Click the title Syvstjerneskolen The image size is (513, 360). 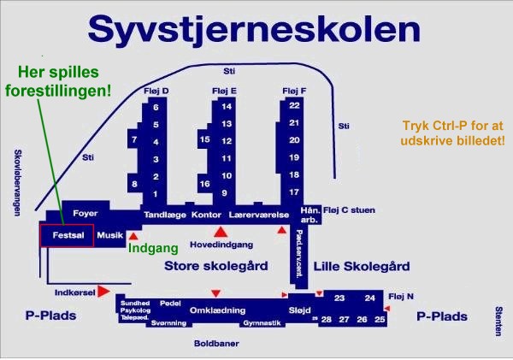255,28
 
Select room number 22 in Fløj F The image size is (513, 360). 294,105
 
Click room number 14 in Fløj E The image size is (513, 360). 226,106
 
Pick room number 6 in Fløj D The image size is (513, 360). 156,108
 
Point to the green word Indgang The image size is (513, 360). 153,250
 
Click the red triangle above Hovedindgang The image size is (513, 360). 221,231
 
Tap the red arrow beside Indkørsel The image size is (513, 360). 103,292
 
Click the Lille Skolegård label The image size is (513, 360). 362,266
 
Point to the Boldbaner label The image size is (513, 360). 216,343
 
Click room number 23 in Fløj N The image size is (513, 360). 339,298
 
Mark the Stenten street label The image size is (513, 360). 498,322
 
